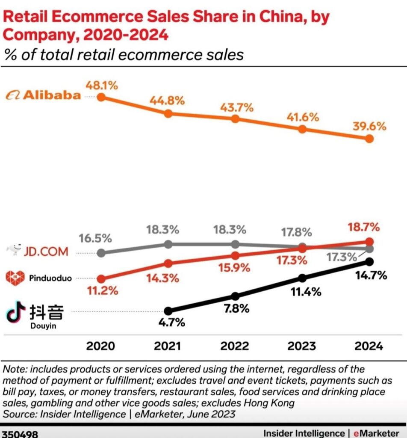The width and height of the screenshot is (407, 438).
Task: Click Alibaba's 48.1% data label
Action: [x=102, y=86]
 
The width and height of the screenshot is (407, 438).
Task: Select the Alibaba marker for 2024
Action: [x=369, y=139]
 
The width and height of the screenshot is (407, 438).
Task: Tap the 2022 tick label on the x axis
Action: [x=234, y=346]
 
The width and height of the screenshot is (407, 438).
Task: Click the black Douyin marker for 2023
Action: [x=302, y=278]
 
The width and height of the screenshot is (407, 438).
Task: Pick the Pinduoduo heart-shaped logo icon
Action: [x=15, y=278]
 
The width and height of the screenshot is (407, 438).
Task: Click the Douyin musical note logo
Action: [x=15, y=312]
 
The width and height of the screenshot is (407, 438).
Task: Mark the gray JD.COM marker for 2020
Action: [x=101, y=252]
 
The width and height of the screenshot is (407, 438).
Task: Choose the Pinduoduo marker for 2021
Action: [x=168, y=263]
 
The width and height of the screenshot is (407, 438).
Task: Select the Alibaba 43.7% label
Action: [x=236, y=108]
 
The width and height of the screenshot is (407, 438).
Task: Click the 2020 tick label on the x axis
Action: [x=101, y=346]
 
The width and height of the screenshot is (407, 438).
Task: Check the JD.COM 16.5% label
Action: [x=95, y=238]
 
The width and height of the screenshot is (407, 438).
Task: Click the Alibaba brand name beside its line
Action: [x=52, y=95]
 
